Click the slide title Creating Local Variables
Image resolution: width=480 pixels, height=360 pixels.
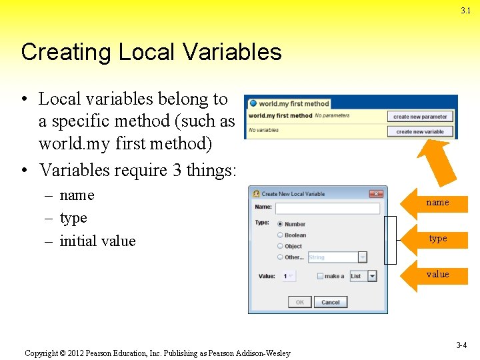click(x=151, y=52)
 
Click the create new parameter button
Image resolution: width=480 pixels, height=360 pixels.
click(x=420, y=117)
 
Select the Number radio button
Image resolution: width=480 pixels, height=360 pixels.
click(x=280, y=224)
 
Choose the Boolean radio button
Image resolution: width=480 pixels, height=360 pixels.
click(x=280, y=235)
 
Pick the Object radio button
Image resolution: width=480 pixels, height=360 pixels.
click(x=280, y=246)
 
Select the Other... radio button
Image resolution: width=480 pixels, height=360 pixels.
click(x=280, y=257)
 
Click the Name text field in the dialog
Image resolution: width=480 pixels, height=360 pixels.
click(x=327, y=208)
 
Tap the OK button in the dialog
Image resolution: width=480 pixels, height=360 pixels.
click(x=299, y=302)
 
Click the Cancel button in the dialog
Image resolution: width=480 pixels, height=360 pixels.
click(x=331, y=302)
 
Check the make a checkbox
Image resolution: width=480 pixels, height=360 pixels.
click(x=321, y=276)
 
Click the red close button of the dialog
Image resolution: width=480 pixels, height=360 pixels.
click(x=376, y=193)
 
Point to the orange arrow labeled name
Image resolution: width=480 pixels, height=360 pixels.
click(x=437, y=202)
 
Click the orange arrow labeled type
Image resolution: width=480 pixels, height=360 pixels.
click(x=437, y=239)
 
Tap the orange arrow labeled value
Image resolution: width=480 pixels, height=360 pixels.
click(x=437, y=274)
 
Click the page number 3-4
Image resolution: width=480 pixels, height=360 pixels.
click(x=461, y=345)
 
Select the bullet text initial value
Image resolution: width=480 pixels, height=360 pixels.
click(x=97, y=241)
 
